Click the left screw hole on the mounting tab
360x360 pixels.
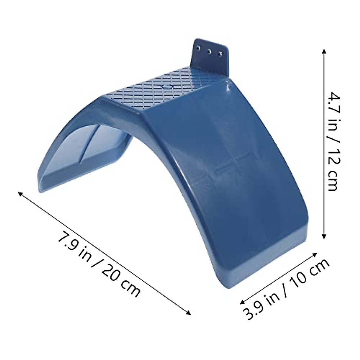[x=198, y=47]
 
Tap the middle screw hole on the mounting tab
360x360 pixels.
[x=209, y=51]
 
